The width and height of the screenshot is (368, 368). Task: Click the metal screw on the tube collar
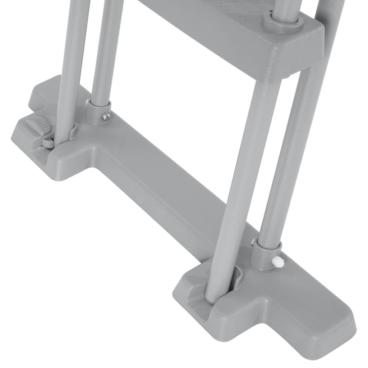(x=106, y=116)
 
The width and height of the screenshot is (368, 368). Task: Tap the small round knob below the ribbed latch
(x=47, y=143)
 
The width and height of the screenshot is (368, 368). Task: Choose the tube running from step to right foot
(x=244, y=180)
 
